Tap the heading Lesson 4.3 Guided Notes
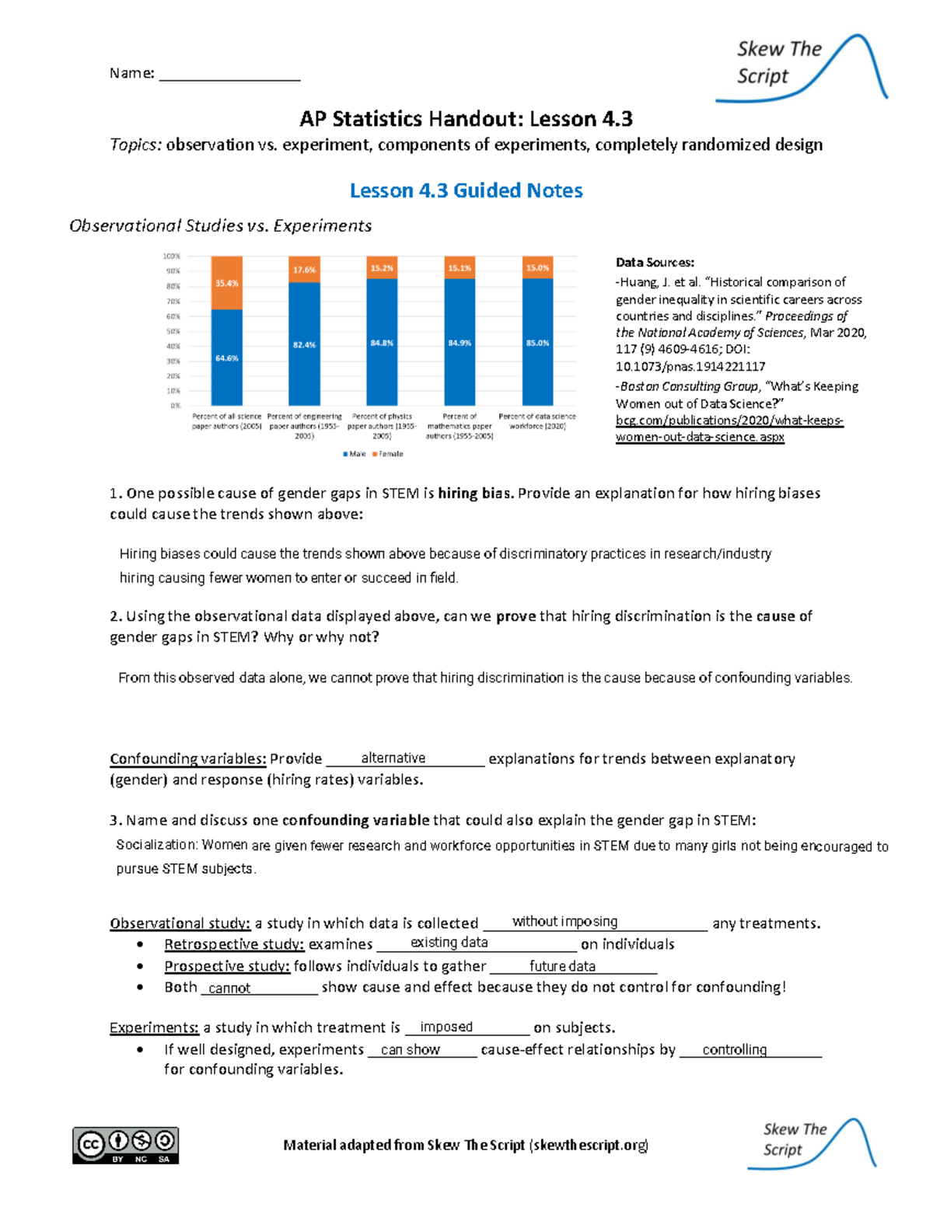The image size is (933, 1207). point(466,190)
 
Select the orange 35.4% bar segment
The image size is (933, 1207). point(226,283)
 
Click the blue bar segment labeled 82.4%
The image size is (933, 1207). point(304,344)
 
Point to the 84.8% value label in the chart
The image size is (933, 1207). point(382,343)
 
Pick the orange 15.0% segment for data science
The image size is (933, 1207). point(537,267)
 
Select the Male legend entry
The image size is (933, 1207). point(355,454)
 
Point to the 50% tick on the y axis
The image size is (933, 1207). point(172,331)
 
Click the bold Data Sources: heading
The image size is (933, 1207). point(655,263)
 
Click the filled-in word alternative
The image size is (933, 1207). point(393,758)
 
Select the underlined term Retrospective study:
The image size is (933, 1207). point(233,944)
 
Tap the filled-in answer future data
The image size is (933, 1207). point(562,966)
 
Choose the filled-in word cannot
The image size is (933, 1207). point(229,988)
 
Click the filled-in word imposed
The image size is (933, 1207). point(446,1027)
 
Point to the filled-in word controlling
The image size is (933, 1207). point(734,1049)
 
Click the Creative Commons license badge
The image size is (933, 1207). point(126,1145)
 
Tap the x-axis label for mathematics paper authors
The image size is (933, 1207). point(460,426)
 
